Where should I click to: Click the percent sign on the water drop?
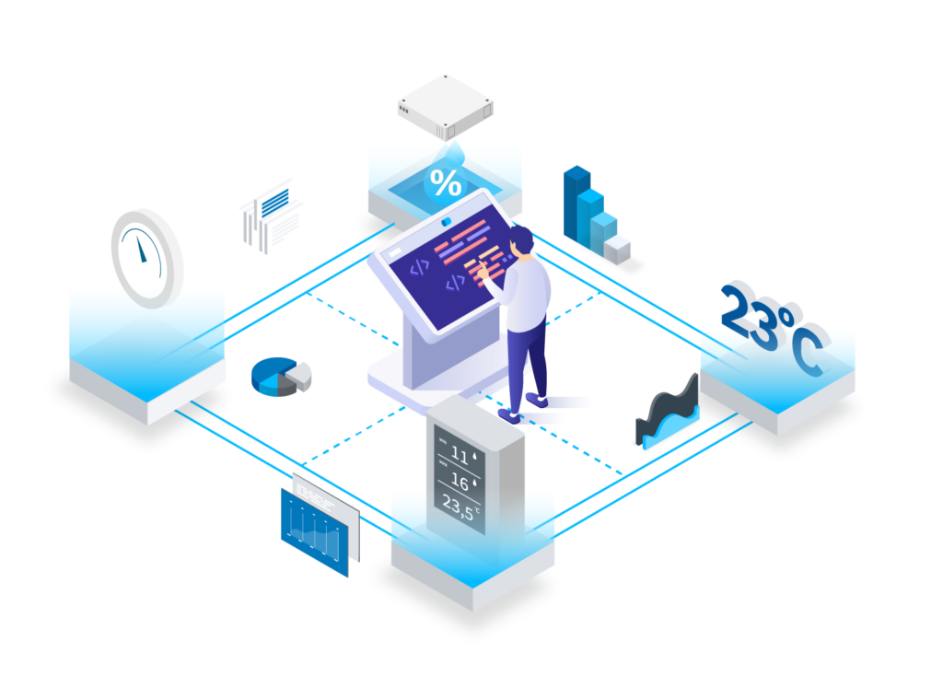tap(447, 183)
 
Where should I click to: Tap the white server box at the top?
tap(445, 102)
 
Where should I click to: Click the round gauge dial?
tap(146, 258)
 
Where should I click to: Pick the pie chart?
tap(280, 377)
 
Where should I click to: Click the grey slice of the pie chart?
tap(300, 374)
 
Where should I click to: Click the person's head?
tap(521, 241)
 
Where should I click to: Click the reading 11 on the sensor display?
tap(459, 452)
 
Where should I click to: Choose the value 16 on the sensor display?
tap(459, 480)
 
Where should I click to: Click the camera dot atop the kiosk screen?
tap(446, 221)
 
